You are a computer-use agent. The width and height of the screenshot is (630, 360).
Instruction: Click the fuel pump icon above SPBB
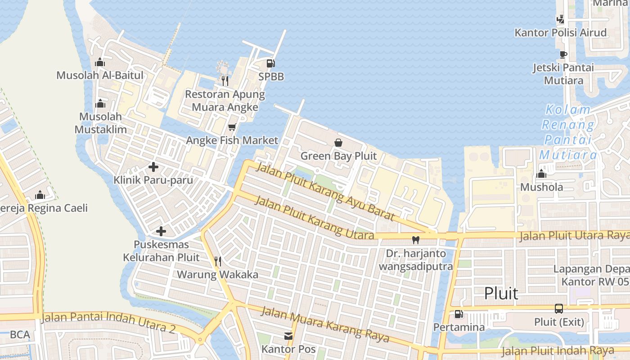(270, 63)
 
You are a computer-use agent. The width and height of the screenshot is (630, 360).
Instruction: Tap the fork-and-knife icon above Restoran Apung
(225, 81)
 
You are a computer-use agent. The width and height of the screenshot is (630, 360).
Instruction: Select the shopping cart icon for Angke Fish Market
(232, 127)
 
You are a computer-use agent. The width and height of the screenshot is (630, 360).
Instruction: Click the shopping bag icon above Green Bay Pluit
(338, 143)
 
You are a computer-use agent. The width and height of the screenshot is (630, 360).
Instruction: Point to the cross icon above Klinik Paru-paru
(153, 167)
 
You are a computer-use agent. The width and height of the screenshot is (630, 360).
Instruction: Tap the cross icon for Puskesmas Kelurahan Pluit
(161, 232)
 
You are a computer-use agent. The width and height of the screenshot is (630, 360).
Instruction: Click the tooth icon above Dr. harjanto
(416, 240)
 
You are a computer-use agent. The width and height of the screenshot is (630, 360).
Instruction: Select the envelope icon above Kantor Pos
(288, 336)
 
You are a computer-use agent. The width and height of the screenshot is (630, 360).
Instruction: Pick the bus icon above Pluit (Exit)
(559, 309)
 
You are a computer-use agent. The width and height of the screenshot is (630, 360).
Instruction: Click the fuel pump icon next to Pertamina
(459, 314)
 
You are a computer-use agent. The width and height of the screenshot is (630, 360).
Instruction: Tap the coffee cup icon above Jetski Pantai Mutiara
(563, 54)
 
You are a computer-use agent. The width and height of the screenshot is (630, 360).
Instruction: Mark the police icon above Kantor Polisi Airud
(560, 19)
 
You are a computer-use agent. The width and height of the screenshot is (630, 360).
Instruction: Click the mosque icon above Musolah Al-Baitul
(100, 62)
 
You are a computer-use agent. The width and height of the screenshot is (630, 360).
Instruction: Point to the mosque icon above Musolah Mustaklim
(100, 103)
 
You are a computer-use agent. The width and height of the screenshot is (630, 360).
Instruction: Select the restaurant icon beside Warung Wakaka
(217, 261)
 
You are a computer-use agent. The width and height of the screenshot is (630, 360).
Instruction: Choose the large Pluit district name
(501, 293)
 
